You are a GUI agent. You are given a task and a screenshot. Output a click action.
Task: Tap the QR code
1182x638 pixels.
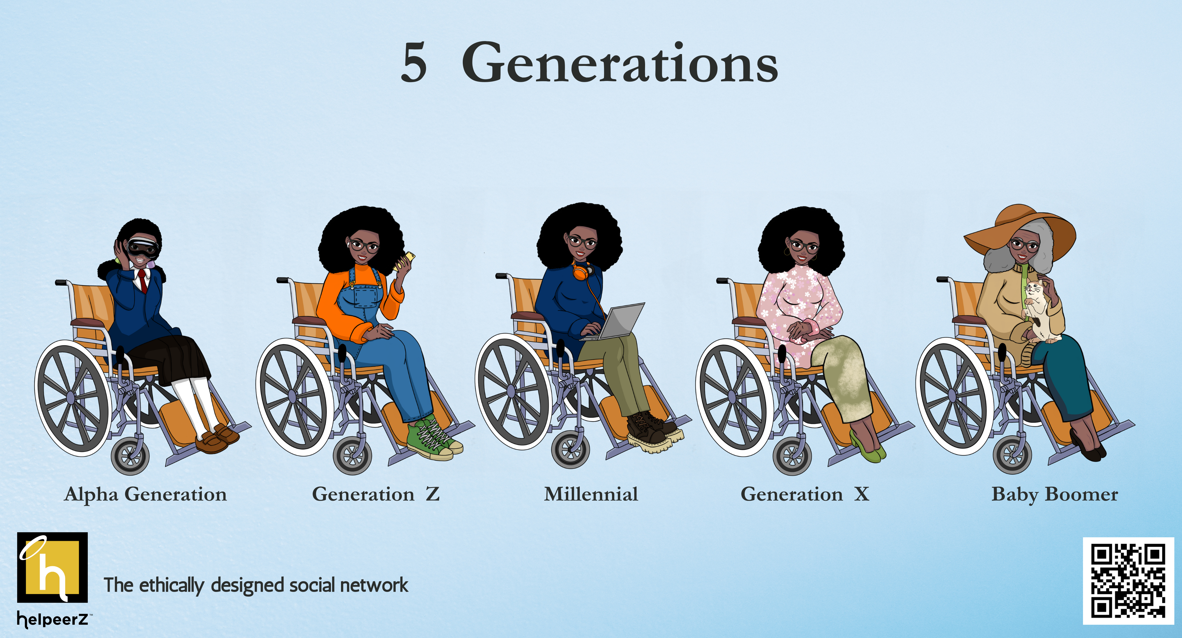pyautogui.click(x=1128, y=581)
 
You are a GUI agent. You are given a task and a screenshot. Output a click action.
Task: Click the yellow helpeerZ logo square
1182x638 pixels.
pyautogui.click(x=52, y=567)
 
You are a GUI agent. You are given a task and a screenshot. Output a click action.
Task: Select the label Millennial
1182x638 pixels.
pyautogui.click(x=591, y=494)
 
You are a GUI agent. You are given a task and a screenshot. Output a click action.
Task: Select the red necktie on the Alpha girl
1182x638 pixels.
pyautogui.click(x=144, y=280)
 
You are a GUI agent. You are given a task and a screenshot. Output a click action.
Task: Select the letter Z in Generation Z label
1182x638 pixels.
pyautogui.click(x=432, y=494)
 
